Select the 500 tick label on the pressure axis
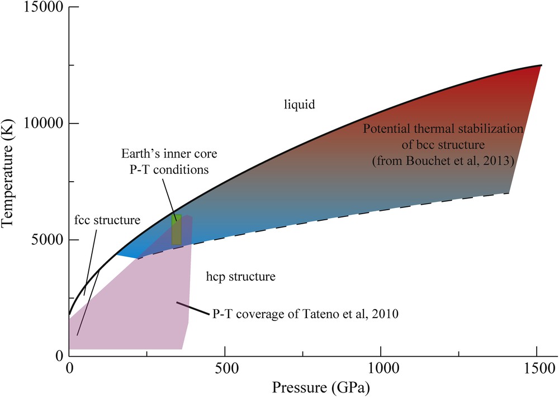click(225, 370)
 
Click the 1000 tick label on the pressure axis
click(381, 370)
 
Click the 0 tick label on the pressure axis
click(69, 370)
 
